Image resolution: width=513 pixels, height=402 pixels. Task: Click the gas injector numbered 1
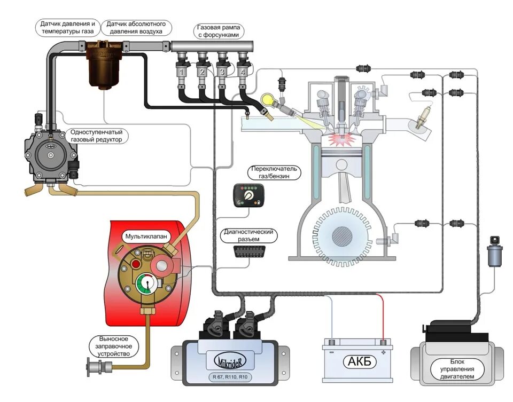(182, 72)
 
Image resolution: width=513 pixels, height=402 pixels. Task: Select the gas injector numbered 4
(243, 72)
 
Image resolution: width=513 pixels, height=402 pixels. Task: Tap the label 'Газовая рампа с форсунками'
(218, 31)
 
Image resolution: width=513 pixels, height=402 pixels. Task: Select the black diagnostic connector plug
(248, 251)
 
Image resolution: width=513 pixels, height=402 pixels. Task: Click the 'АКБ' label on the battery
(359, 361)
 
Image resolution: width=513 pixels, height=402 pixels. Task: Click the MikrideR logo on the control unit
(230, 361)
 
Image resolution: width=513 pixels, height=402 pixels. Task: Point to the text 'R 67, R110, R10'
(230, 377)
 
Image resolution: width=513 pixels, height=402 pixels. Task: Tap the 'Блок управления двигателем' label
(457, 369)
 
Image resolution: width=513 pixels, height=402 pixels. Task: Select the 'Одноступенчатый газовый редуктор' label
(97, 136)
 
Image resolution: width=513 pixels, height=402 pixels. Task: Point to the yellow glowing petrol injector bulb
(268, 99)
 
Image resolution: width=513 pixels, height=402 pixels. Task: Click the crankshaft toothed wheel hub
(342, 236)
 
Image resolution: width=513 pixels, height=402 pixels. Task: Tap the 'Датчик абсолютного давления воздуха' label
(136, 28)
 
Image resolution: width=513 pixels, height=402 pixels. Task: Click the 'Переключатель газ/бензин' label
(275, 172)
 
